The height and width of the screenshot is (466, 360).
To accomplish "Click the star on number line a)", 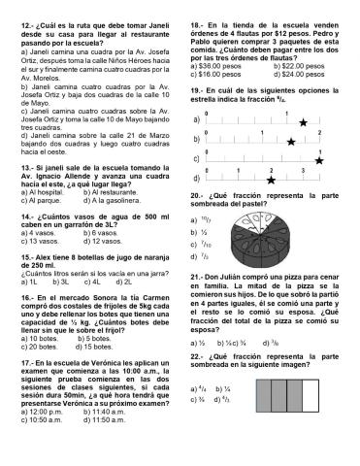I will click(x=304, y=123).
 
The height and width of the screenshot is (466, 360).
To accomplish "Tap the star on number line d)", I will click(x=271, y=180).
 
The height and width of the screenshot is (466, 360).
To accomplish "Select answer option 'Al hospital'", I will click(x=50, y=192).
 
